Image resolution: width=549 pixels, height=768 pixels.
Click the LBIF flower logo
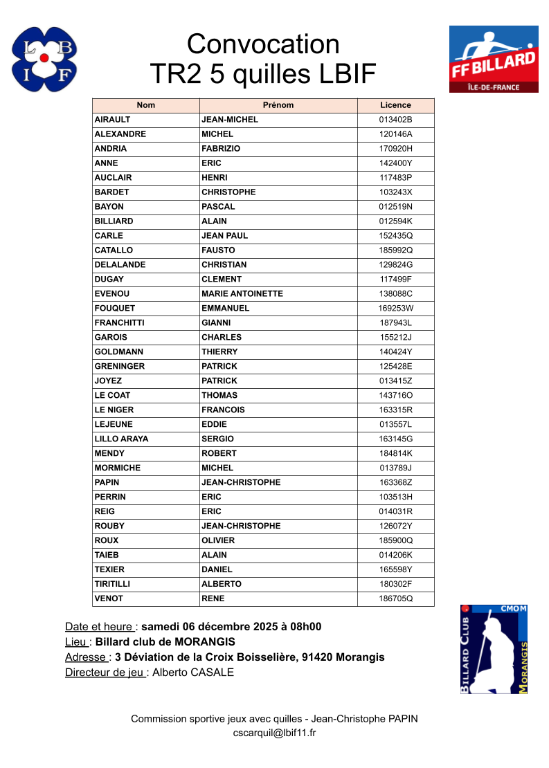pos(44,59)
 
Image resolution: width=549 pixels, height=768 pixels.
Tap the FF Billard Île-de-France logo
pos(494,59)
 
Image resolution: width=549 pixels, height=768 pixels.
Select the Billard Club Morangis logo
pos(494,649)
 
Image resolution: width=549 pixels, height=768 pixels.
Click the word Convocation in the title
pos(263,44)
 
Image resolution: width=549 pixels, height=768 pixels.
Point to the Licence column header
pos(395,105)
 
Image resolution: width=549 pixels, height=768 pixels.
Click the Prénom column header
pos(278,105)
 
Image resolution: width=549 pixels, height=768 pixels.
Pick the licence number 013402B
pos(395,120)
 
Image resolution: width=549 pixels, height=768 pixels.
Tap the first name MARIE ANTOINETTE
pos(242,294)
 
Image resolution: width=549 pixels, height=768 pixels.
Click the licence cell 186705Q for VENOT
pos(395,599)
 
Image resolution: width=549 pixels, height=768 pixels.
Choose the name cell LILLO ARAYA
pos(121,439)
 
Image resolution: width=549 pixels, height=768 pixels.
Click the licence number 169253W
pos(395,309)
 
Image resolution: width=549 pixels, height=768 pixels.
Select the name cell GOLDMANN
pos(118,352)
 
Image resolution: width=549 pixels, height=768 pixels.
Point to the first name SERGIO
pos(217,439)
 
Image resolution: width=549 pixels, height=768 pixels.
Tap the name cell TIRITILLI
pos(112,585)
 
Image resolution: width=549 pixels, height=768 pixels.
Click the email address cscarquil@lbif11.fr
pos(274,733)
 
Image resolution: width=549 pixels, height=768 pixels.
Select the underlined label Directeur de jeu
pos(105,673)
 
